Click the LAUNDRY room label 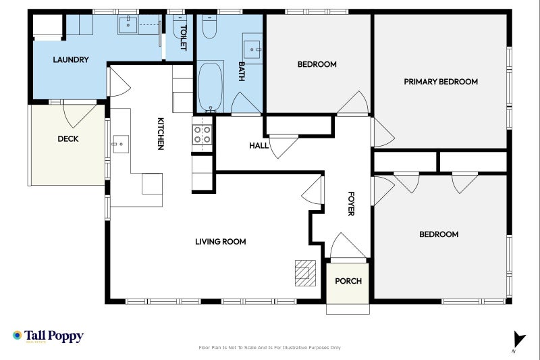71,59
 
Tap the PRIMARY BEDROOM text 441,82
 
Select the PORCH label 348,281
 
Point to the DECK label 68,139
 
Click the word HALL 259,146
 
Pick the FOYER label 351,203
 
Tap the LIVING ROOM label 221,242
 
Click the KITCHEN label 161,134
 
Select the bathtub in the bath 211,86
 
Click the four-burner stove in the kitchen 202,134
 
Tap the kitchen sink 121,144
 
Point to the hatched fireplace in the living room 305,273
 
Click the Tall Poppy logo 48,336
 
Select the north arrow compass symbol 519,341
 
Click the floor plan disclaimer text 269,348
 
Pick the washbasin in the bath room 252,49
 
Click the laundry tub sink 128,25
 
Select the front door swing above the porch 347,246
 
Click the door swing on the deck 79,115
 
